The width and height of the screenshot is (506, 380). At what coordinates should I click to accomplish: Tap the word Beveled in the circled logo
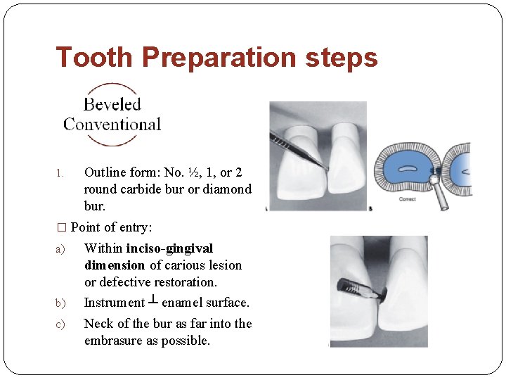coord(112,105)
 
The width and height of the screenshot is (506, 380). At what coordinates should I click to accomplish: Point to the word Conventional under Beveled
coord(112,125)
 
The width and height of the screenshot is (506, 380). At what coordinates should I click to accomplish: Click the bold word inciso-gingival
coord(169,248)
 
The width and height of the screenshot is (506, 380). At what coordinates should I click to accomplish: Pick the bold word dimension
coord(115,265)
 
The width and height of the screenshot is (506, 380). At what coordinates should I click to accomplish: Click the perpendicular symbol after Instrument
coord(153,301)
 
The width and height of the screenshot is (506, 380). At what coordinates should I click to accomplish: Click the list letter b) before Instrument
coord(60,303)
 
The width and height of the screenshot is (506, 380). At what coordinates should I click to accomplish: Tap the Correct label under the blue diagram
coord(408,199)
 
